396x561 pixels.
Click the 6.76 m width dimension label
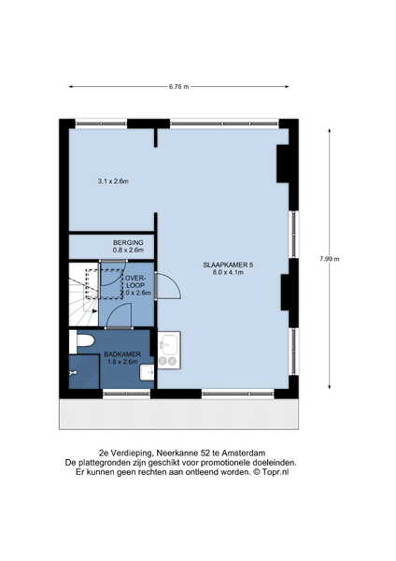tap(178, 87)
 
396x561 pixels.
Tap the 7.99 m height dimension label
tap(329, 259)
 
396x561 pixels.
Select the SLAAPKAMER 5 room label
tap(228, 266)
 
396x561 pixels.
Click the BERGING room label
tap(128, 242)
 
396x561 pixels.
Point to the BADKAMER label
tap(122, 354)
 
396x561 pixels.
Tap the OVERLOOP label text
tap(135, 281)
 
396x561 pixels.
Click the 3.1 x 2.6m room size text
tap(113, 181)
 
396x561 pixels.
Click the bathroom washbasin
tap(147, 373)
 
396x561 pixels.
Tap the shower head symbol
tap(73, 373)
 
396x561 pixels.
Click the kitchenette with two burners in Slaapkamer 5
tap(169, 350)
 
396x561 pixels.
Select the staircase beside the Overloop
tap(83, 295)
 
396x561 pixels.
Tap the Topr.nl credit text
tap(276, 472)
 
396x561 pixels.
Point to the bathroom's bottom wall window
tap(126, 394)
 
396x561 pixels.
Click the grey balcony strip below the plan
tap(178, 414)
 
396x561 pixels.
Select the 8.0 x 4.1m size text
tap(228, 272)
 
